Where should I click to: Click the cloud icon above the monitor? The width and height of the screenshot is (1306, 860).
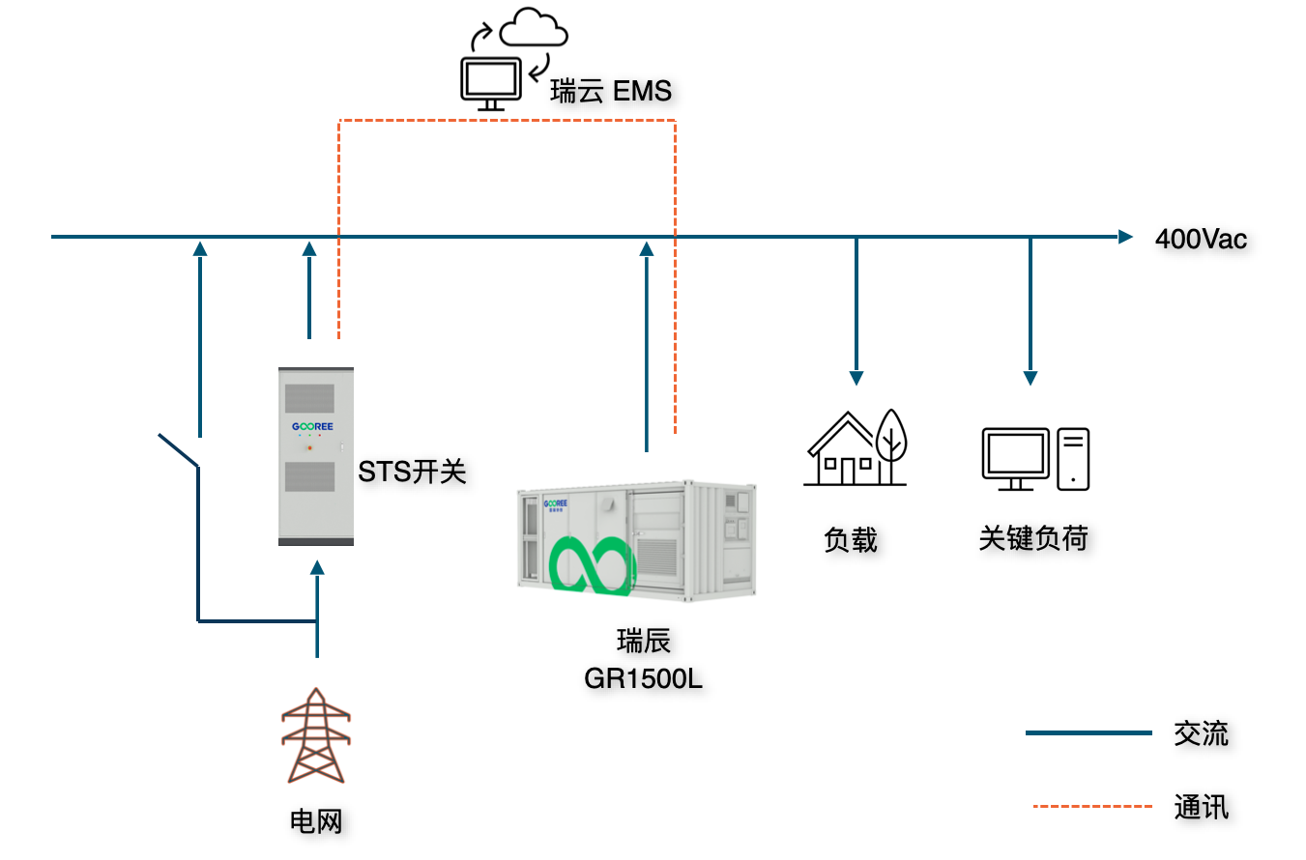click(x=533, y=29)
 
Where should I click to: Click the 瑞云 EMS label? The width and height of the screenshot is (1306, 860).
click(x=610, y=92)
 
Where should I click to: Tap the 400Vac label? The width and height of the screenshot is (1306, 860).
click(x=1201, y=239)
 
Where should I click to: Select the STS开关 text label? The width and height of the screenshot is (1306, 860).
click(x=413, y=472)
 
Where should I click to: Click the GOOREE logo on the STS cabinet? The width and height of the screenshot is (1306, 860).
click(x=309, y=426)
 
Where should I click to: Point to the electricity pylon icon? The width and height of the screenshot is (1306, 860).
click(x=316, y=736)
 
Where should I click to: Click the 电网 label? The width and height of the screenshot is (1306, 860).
click(x=316, y=822)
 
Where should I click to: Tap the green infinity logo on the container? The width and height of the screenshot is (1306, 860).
click(x=593, y=565)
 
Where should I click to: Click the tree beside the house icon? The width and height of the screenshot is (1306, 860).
click(x=890, y=440)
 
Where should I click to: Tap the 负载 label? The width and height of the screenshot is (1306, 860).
click(x=851, y=539)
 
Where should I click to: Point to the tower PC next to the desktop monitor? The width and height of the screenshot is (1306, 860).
click(x=1073, y=459)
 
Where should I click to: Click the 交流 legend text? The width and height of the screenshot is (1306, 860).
click(x=1201, y=733)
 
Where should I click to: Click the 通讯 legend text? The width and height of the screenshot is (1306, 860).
click(x=1201, y=806)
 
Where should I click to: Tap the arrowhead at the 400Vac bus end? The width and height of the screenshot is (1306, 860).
click(x=1125, y=236)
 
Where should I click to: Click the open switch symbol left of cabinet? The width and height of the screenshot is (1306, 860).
click(x=179, y=451)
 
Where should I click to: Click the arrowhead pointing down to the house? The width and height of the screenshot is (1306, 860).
click(x=856, y=377)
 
